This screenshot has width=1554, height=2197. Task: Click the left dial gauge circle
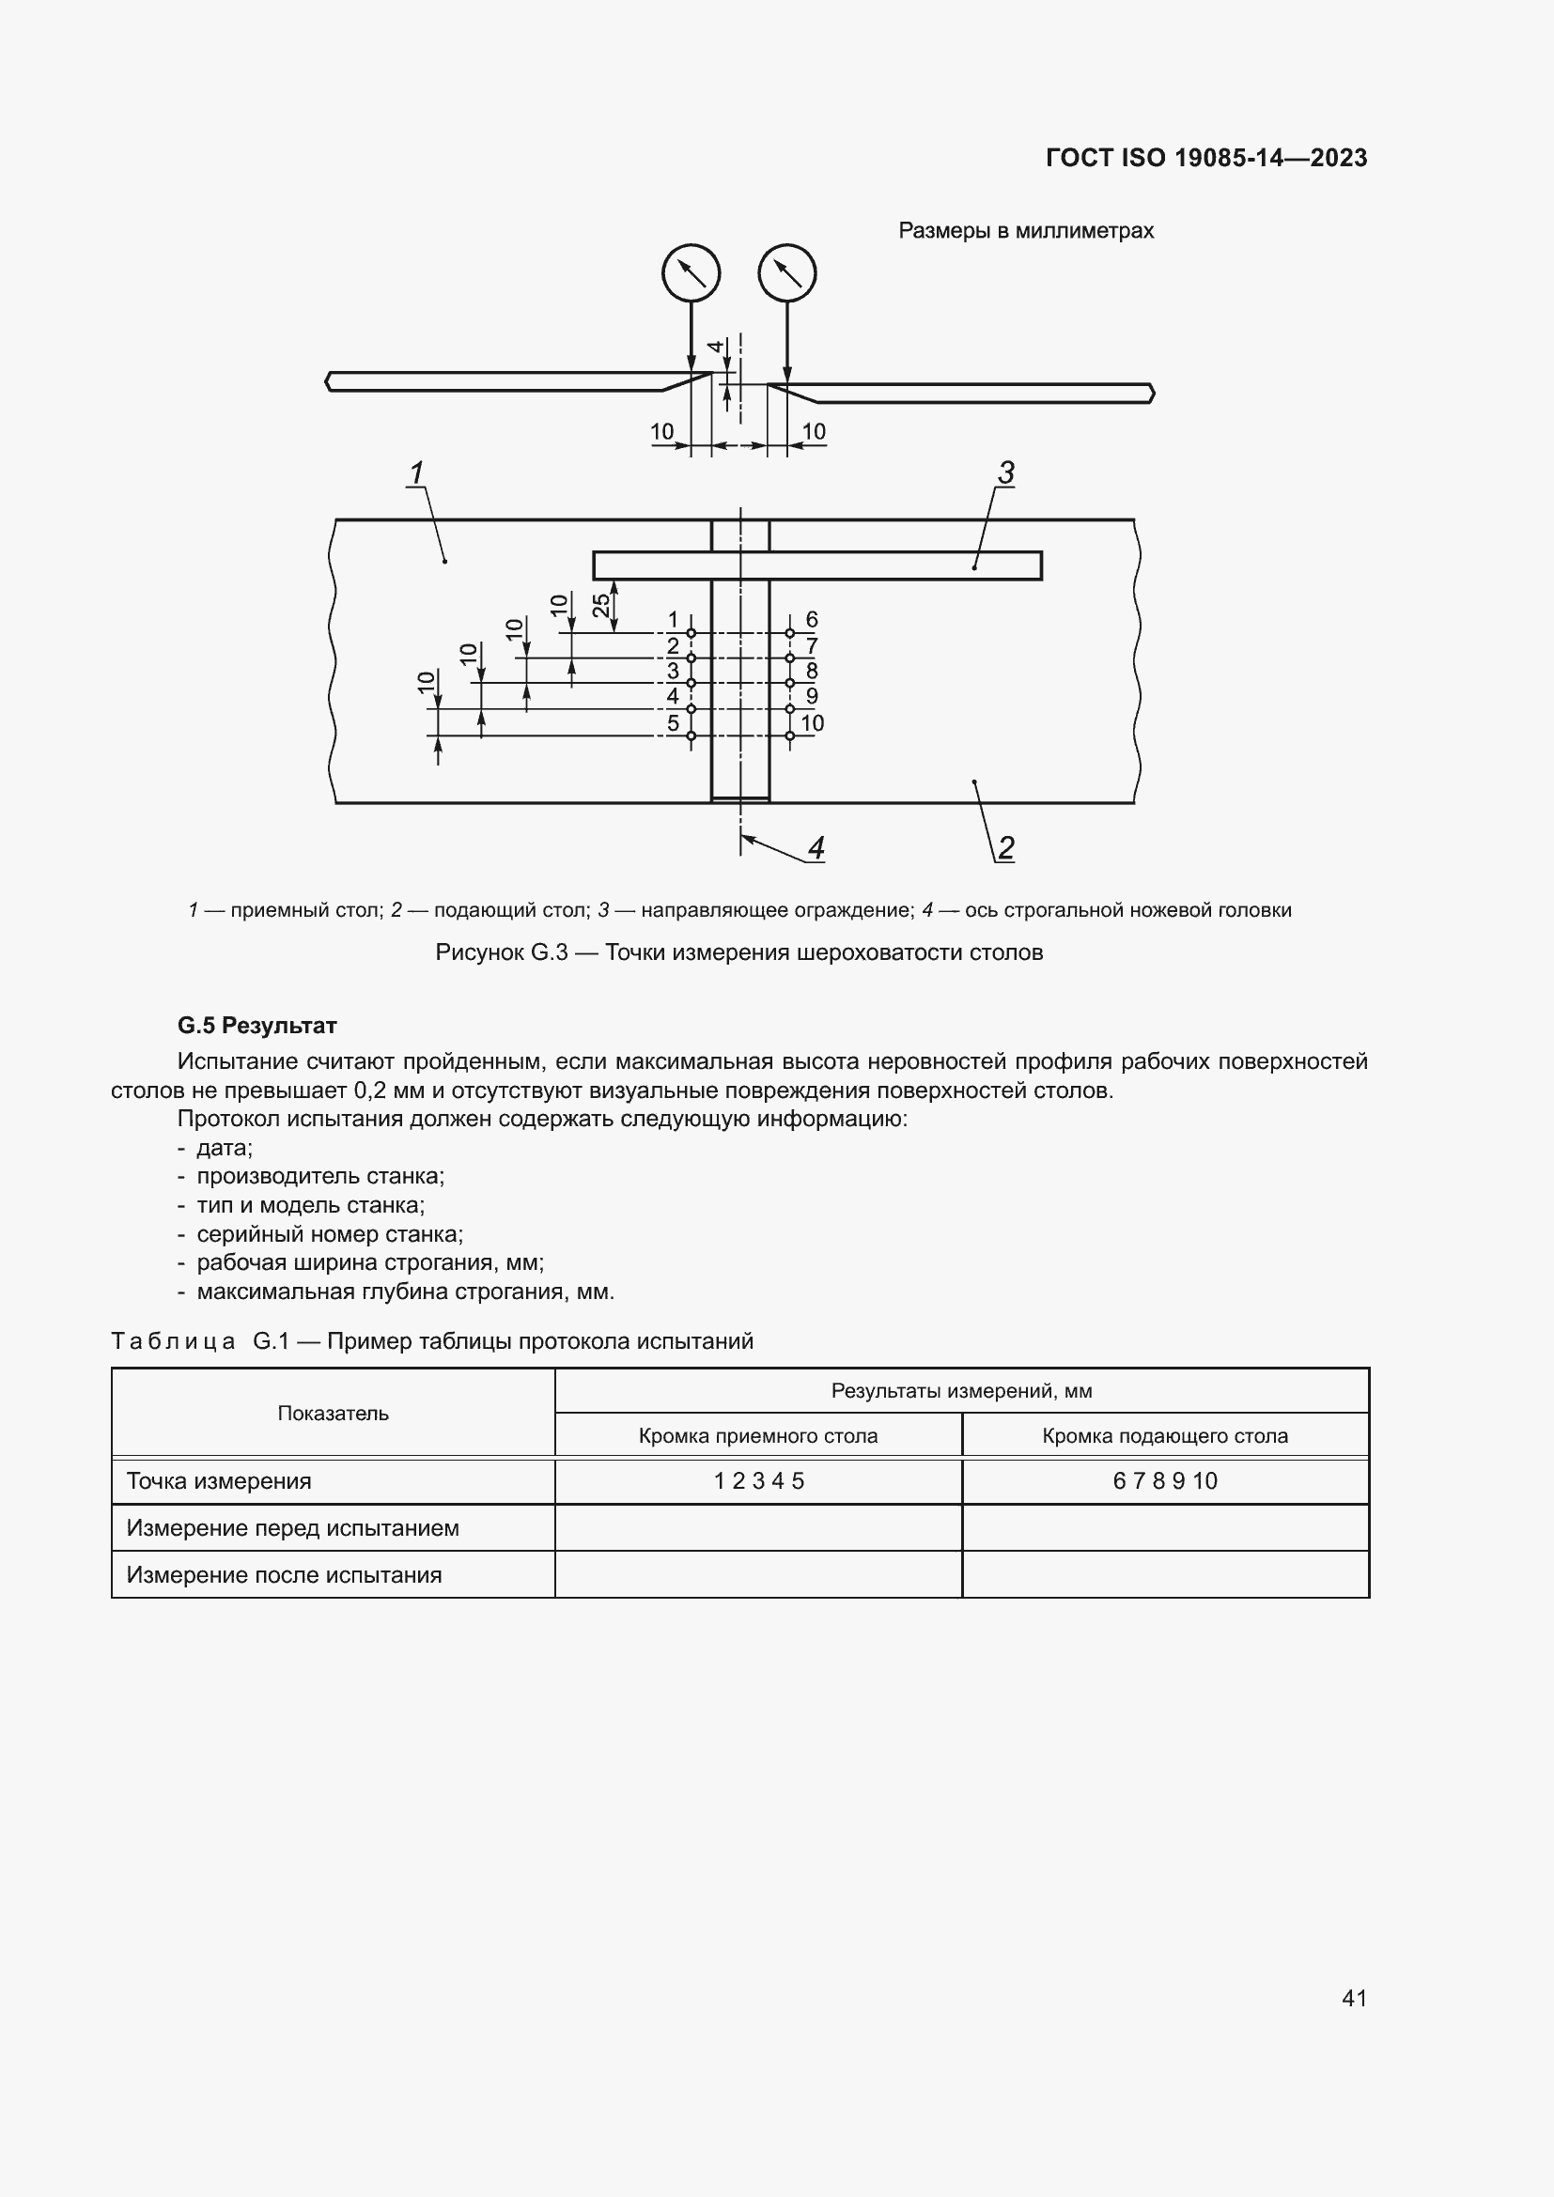click(x=691, y=273)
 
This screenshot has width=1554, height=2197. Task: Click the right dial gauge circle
click(x=786, y=273)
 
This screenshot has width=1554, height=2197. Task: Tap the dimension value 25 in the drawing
click(x=601, y=605)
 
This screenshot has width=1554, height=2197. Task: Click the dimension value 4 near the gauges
click(x=715, y=347)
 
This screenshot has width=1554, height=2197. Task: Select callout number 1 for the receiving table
click(x=416, y=472)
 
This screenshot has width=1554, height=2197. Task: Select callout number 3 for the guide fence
click(x=1005, y=472)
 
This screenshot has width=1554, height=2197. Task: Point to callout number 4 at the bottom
click(x=816, y=848)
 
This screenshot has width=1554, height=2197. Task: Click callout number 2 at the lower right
click(x=1005, y=848)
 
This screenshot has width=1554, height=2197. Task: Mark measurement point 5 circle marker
click(x=691, y=735)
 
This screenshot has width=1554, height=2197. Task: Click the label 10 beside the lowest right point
click(x=813, y=723)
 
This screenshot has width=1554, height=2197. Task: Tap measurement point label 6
click(x=812, y=619)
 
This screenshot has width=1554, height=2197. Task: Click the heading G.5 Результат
click(x=256, y=1026)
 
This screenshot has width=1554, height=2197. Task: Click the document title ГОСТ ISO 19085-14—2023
click(x=1205, y=158)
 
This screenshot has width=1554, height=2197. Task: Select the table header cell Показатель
click(x=333, y=1414)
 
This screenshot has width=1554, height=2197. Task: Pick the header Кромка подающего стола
click(x=1164, y=1435)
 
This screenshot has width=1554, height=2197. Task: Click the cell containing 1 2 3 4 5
click(x=759, y=1481)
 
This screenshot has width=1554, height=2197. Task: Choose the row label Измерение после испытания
click(x=284, y=1575)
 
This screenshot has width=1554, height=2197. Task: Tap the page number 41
click(x=1354, y=1998)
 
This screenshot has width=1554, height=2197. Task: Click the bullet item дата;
click(x=224, y=1148)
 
